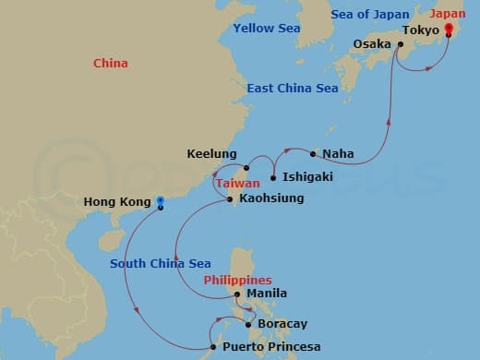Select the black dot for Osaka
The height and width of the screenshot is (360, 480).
401,42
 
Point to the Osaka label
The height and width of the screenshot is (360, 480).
372,43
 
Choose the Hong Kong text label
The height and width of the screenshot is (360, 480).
116,202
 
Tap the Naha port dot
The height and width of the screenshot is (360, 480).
314,153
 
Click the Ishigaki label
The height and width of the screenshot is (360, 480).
307,176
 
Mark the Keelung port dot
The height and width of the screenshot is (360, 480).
246,168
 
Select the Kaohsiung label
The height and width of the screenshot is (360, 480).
271,198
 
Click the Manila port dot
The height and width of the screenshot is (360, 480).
237,294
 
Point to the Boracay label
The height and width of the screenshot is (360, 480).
282,324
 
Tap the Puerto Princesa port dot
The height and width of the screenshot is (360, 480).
216,347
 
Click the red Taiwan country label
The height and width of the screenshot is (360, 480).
237,184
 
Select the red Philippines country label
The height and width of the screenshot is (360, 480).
237,280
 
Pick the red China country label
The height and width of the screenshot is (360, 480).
111,64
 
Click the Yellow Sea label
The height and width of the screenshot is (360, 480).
266,29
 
